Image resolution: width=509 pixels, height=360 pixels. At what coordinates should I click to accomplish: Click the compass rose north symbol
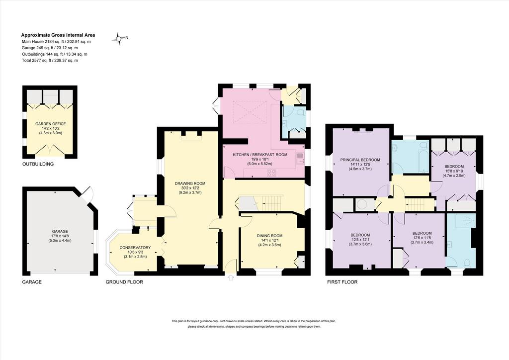(x=120, y=38)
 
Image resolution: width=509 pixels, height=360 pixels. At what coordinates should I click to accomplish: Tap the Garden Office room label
(x=51, y=124)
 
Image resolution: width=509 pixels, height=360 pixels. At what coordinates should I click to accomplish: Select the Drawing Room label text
(x=190, y=183)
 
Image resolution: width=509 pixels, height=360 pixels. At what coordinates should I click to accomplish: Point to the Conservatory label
(x=135, y=248)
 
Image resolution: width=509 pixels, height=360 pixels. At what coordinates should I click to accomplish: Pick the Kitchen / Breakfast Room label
(x=260, y=155)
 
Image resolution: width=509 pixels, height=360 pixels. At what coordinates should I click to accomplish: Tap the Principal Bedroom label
(x=360, y=160)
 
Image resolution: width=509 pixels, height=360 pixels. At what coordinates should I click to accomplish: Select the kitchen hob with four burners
(x=271, y=173)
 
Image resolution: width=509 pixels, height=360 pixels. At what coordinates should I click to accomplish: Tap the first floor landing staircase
(x=420, y=204)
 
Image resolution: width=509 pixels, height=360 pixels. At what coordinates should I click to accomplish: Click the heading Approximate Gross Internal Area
(x=58, y=35)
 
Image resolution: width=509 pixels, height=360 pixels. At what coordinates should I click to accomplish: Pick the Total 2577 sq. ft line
(x=50, y=60)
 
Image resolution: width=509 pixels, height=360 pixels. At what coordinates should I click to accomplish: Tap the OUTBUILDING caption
(x=38, y=164)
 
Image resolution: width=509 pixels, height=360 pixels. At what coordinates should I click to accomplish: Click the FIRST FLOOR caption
(x=342, y=282)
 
